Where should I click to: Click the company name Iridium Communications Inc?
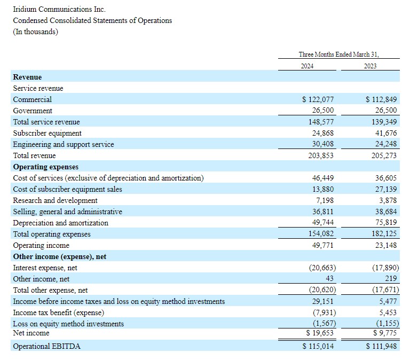click(x=59, y=9)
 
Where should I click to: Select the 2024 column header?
click(x=306, y=66)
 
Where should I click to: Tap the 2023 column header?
click(x=370, y=66)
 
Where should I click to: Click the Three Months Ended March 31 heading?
click(x=342, y=54)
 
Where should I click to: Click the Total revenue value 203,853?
click(x=323, y=155)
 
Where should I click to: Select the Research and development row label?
click(x=55, y=200)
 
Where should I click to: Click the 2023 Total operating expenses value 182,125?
click(x=384, y=234)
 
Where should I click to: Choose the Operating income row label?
click(x=41, y=245)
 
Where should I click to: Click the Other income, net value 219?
click(x=392, y=279)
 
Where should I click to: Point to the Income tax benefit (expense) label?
click(x=58, y=312)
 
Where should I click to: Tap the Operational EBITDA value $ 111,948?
click(x=383, y=347)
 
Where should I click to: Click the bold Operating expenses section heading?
click(x=45, y=167)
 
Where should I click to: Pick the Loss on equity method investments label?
click(x=68, y=324)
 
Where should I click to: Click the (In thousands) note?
click(x=36, y=32)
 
